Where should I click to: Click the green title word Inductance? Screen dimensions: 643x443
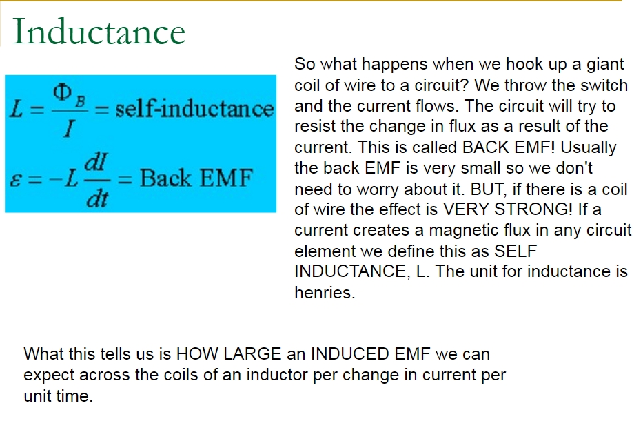pos(99,32)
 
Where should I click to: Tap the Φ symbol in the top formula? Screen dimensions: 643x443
pos(62,92)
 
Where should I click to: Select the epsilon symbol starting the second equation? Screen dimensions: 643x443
pos(15,180)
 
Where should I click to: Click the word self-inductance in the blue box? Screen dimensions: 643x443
pos(194,109)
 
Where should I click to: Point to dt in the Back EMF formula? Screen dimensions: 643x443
pos(97,198)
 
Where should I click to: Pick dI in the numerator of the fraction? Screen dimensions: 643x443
pos(96,163)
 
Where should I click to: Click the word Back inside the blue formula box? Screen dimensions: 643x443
pos(165,178)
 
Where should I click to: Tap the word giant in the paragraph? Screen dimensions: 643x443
pos(605,65)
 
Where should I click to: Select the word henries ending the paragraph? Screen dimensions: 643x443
pos(325,293)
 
